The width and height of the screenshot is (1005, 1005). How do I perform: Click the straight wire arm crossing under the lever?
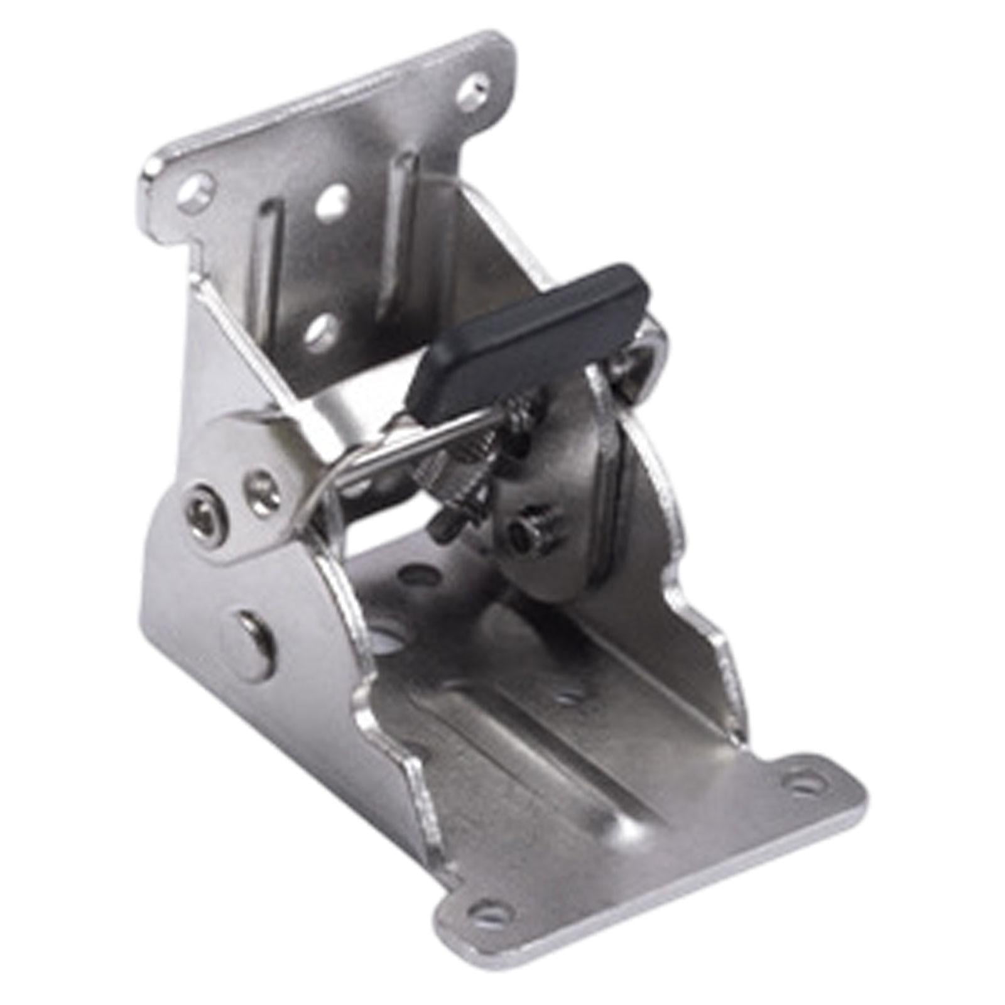(402, 440)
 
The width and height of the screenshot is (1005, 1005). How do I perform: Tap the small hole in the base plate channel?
(569, 698)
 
